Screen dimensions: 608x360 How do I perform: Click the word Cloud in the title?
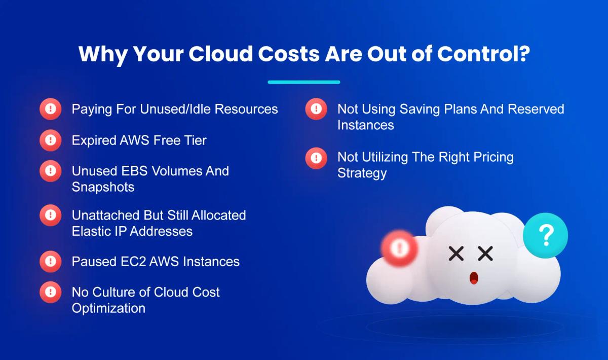(221, 54)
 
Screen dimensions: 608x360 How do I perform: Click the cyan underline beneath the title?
(303, 82)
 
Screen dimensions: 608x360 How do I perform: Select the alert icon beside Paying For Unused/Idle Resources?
(51, 109)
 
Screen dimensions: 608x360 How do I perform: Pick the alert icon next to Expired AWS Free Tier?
(51, 140)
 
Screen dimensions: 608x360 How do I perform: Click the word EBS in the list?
(134, 171)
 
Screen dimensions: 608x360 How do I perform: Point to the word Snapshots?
(103, 187)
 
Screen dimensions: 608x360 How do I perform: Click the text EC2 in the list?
(133, 262)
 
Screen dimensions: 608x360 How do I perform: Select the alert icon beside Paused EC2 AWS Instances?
(51, 262)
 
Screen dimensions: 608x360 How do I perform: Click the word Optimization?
(108, 309)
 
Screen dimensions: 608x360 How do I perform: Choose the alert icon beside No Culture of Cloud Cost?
(51, 293)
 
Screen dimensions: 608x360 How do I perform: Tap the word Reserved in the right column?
(536, 109)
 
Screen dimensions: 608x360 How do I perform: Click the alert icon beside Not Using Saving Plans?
(316, 109)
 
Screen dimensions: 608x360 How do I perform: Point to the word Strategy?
(362, 173)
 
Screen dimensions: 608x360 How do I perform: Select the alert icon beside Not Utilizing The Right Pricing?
(316, 158)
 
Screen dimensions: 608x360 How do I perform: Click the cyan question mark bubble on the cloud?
(546, 235)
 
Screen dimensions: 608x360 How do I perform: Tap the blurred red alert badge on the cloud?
(399, 248)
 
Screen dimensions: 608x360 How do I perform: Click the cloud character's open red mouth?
(474, 278)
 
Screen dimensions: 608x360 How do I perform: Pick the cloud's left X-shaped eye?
(456, 254)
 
